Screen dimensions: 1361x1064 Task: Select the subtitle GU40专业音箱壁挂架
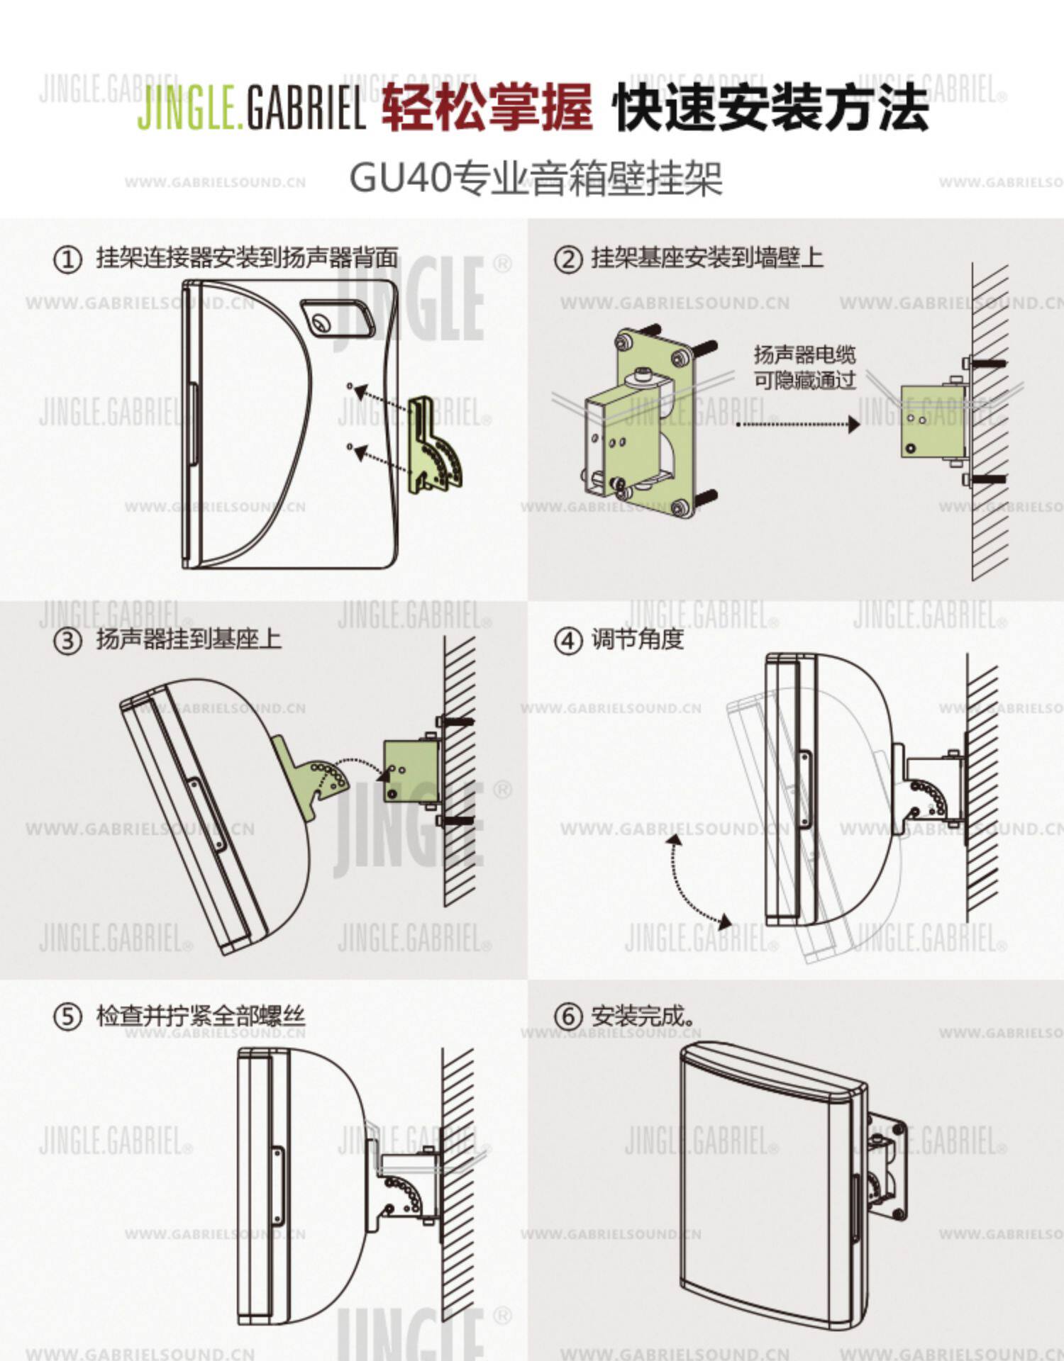536,178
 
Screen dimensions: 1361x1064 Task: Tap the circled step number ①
68,259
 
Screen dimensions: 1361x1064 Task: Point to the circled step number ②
567,259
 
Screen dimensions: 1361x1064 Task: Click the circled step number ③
68,641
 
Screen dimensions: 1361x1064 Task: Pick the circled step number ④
567,641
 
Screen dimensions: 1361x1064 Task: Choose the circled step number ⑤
68,1017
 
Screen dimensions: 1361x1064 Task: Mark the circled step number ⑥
567,1017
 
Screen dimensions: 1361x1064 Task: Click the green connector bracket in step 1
434,447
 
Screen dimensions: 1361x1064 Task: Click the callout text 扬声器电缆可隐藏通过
804,367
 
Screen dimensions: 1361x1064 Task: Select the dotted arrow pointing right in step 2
797,425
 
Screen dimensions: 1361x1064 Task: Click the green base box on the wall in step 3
409,771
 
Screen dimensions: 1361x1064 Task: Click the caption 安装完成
642,1017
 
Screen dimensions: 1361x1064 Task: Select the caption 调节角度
637,640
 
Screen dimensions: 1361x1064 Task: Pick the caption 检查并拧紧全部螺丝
201,1016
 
